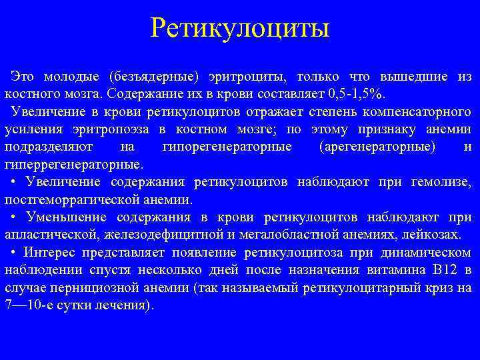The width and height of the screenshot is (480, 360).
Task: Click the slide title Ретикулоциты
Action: (240, 28)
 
